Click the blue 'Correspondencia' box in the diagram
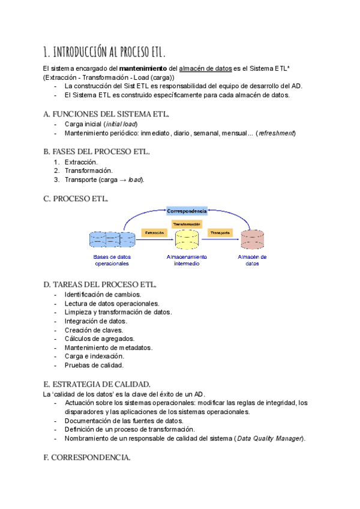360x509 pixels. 187,211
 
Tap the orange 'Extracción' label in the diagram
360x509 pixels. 154,232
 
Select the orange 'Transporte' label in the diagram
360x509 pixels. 220,232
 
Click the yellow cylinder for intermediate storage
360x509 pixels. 187,239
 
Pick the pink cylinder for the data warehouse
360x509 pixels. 253,239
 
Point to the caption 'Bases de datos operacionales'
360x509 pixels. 112,260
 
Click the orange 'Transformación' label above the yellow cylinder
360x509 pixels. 186,224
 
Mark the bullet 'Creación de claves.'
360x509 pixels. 94,330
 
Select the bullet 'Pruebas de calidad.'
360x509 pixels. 94,365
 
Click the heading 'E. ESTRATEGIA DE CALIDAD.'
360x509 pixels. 97,384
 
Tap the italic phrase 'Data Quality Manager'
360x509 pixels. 270,438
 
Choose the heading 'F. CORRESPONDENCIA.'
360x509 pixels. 87,457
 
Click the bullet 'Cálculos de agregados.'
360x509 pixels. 100,339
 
